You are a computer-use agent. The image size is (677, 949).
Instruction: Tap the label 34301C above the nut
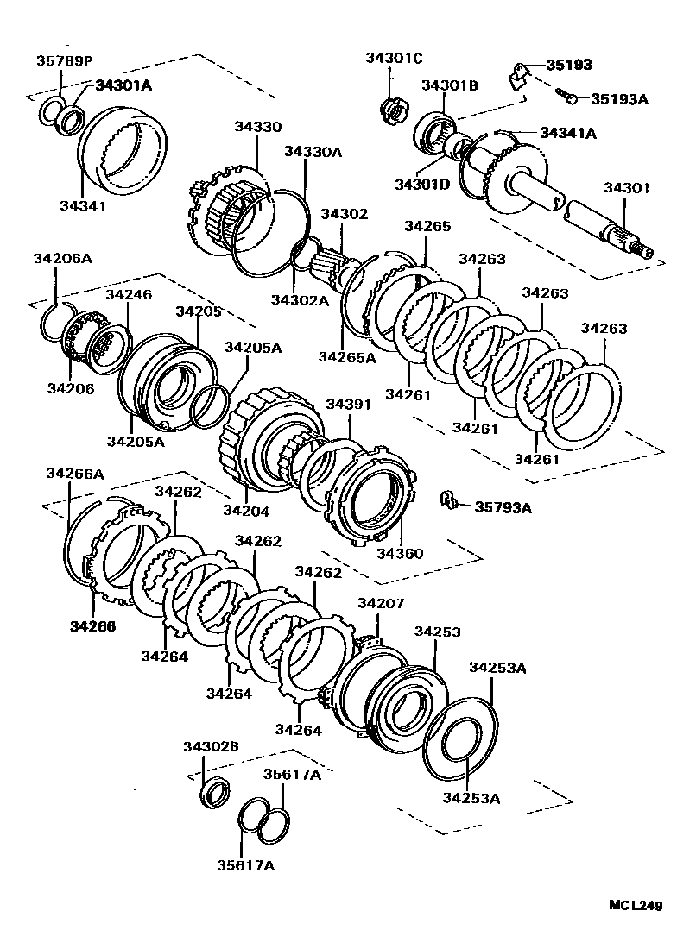394,58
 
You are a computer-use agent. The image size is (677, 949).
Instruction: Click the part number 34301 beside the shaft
628,187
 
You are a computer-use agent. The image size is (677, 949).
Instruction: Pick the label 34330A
313,152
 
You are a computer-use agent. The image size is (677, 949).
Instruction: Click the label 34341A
568,133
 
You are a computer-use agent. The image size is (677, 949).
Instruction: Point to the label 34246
129,294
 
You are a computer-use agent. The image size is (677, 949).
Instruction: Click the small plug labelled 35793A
448,500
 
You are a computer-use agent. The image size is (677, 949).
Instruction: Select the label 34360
400,553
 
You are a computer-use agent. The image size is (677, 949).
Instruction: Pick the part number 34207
381,603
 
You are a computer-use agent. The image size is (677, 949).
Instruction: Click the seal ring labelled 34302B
216,790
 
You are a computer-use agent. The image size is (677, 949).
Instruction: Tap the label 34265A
346,356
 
